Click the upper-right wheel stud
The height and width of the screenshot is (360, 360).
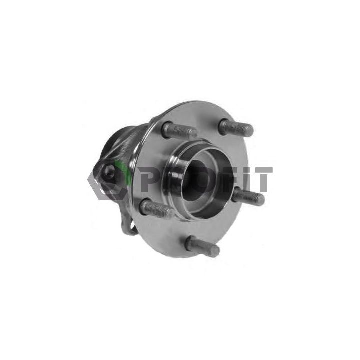[236, 127]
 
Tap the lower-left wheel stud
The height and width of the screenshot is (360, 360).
[156, 208]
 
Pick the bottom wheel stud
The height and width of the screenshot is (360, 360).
[202, 246]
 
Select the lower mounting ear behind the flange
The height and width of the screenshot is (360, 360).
[131, 227]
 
